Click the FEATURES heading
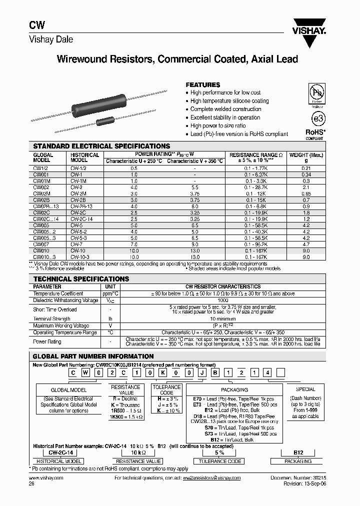click(203, 85)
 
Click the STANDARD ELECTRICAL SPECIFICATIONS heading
click(101, 146)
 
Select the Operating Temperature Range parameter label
click(65, 332)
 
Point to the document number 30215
click(319, 478)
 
